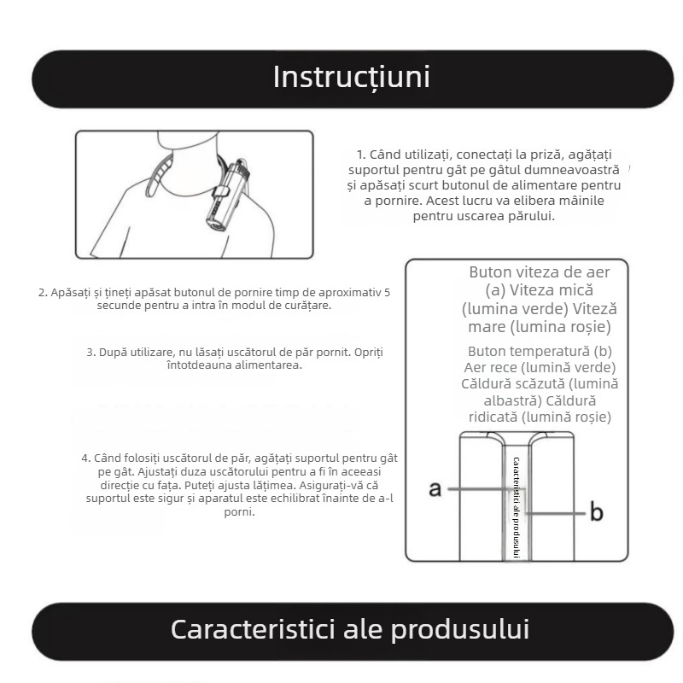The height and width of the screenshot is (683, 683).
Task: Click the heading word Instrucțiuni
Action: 351,77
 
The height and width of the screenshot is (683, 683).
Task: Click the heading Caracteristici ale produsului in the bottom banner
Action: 350,629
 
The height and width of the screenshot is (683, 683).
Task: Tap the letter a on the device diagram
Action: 435,488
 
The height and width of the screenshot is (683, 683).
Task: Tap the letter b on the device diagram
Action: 597,512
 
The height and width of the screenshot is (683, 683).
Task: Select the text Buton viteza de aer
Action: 539,271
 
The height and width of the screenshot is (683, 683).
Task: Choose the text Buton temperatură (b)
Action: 540,351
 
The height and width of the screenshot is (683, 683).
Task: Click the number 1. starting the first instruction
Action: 361,155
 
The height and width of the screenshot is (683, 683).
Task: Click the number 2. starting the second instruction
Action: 43,292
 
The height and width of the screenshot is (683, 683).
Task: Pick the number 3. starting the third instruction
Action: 90,352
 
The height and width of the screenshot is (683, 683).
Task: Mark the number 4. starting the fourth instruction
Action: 86,458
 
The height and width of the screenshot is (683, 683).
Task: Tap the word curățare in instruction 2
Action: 305,305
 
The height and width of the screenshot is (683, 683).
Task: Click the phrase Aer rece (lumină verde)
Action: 540,367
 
